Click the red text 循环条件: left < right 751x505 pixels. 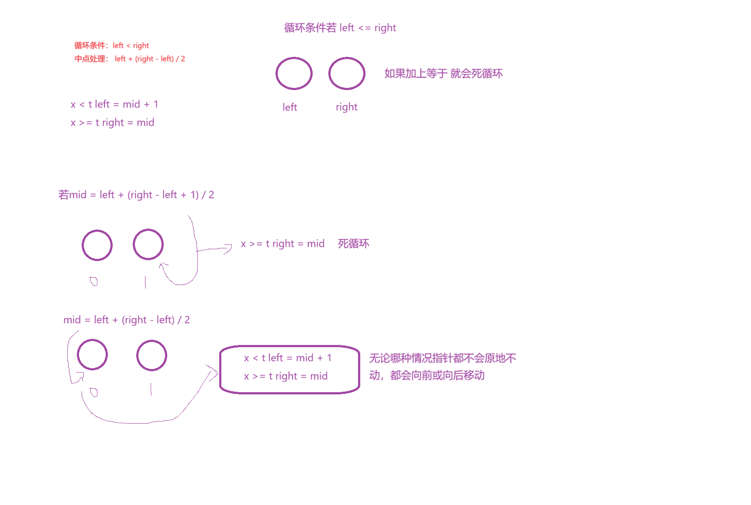111,45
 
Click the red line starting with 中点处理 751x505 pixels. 130,59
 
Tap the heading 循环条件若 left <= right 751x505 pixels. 340,28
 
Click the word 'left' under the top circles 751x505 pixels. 289,107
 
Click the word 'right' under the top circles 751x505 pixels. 347,107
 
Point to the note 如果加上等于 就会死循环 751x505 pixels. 444,73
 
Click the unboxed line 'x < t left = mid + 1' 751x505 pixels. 114,104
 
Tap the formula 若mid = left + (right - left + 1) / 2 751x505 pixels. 136,195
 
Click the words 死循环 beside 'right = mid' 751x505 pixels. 354,244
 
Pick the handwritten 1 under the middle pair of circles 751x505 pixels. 145,282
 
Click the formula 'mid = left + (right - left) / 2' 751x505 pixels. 127,320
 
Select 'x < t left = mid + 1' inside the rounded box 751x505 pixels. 288,358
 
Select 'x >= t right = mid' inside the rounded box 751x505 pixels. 286,376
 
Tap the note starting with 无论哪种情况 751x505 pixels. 443,367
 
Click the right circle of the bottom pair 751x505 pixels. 152,341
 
